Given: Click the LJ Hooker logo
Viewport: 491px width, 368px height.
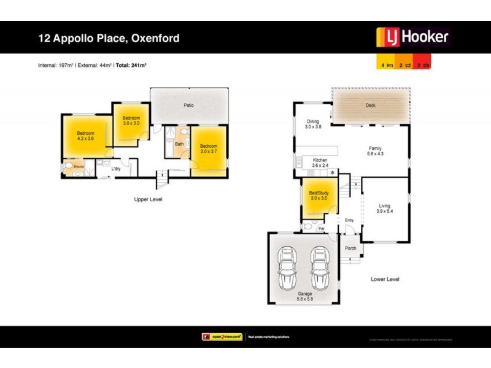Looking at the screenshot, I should pyautogui.click(x=412, y=37).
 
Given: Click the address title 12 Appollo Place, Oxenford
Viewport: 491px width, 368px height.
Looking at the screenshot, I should pyautogui.click(x=109, y=38).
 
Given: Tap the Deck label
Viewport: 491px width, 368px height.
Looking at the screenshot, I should pyautogui.click(x=370, y=105).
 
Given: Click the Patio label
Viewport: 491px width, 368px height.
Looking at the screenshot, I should pyautogui.click(x=189, y=105).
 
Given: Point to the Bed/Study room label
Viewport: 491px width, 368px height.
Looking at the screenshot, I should pyautogui.click(x=319, y=196).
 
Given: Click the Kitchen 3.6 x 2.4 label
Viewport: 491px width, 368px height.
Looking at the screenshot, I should pyautogui.click(x=320, y=163).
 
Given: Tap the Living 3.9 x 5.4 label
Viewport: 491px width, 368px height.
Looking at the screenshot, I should pyautogui.click(x=384, y=209).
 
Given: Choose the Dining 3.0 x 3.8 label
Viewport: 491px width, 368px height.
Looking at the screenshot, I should pyautogui.click(x=314, y=125).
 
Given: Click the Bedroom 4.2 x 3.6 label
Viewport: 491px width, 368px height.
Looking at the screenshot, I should pyautogui.click(x=85, y=136).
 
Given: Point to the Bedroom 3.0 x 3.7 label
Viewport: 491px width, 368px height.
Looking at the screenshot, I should pyautogui.click(x=209, y=148).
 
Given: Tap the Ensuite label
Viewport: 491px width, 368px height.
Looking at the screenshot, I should pyautogui.click(x=79, y=166).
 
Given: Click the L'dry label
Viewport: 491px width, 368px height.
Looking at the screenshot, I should pyautogui.click(x=115, y=169).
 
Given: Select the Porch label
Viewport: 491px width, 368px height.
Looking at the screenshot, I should pyautogui.click(x=350, y=248).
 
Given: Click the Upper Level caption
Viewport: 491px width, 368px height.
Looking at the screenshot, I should pyautogui.click(x=149, y=200).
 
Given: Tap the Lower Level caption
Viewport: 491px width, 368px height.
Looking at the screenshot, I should pyautogui.click(x=385, y=279).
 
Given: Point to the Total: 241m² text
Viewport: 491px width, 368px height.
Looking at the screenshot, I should pyautogui.click(x=133, y=64).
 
